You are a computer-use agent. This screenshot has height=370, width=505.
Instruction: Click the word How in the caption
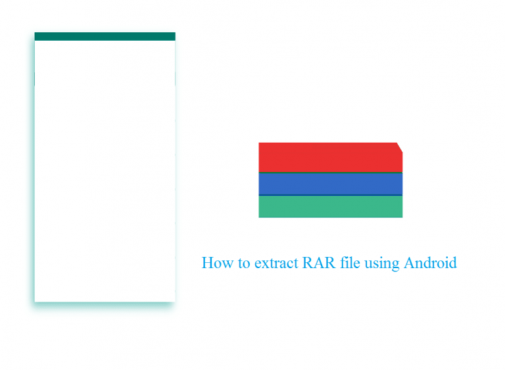click(218, 263)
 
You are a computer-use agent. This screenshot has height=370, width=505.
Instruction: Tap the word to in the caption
click(244, 264)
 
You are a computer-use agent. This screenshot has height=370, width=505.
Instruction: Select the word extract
click(276, 264)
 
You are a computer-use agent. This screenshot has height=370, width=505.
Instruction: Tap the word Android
click(430, 263)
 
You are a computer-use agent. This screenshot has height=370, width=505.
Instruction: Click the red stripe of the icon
click(331, 157)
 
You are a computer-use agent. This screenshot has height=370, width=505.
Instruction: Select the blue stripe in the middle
click(331, 184)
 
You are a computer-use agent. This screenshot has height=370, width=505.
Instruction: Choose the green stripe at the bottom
click(331, 207)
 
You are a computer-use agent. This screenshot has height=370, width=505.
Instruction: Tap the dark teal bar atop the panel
click(105, 36)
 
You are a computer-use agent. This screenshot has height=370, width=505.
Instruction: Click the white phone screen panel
click(105, 171)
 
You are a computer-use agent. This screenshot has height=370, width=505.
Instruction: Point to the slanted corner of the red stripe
click(400, 147)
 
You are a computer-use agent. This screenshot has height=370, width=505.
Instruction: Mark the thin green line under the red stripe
click(331, 173)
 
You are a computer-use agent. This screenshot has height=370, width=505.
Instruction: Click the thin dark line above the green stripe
click(331, 195)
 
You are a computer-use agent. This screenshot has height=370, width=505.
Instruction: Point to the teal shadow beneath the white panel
click(105, 306)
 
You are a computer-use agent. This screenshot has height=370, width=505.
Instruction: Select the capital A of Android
click(410, 263)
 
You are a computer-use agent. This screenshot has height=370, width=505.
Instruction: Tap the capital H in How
click(208, 263)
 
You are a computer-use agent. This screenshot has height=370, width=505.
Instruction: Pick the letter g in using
click(395, 266)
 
